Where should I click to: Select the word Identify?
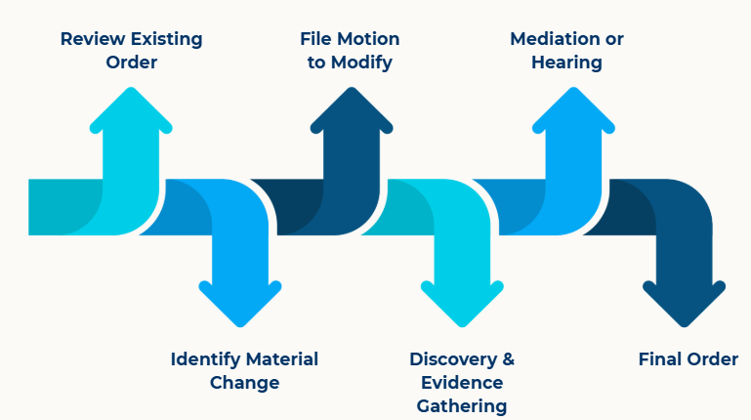[206, 358]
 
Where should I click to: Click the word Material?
[282, 358]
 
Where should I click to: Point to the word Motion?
[367, 39]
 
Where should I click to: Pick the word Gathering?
[462, 405]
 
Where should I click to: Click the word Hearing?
[566, 63]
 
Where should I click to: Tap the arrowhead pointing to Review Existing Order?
[131, 107]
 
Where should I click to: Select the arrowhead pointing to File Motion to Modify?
[352, 107]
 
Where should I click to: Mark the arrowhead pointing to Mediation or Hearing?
[573, 107]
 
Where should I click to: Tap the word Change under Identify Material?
[244, 382]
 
